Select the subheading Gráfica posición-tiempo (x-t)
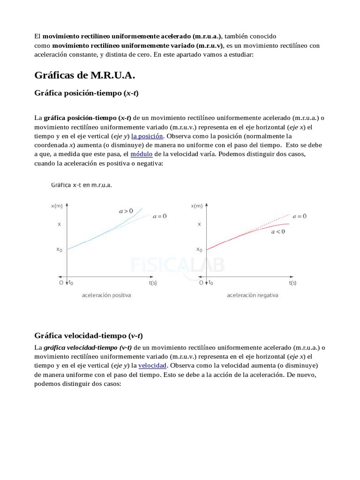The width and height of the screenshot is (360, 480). [x=86, y=93]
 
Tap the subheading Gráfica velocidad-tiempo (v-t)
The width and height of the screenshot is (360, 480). [x=89, y=336]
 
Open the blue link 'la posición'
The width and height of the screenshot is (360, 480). [x=147, y=136]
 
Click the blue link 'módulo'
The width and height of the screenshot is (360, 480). [x=141, y=154]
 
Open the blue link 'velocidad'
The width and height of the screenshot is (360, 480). [x=152, y=365]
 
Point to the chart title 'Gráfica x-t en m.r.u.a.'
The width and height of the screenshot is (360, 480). [x=81, y=185]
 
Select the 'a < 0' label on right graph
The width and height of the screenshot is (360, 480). [x=277, y=232]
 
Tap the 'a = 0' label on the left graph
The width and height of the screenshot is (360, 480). [x=160, y=216]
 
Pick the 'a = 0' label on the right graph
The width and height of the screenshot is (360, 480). [x=299, y=216]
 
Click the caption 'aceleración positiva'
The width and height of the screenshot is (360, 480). [x=106, y=295]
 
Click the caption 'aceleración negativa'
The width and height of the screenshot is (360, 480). [x=253, y=295]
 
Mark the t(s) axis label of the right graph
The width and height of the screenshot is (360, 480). [x=292, y=283]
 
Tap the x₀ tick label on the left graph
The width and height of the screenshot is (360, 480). [x=59, y=249]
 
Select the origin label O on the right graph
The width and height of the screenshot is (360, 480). [x=201, y=283]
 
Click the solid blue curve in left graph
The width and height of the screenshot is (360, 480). [x=108, y=230]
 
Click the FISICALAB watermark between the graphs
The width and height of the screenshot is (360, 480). [x=178, y=265]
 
